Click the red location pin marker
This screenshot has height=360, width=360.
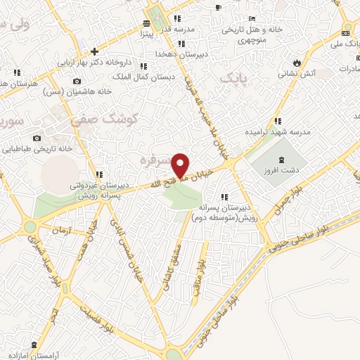pyautogui.click(x=181, y=165)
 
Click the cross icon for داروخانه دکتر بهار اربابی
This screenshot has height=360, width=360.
pyautogui.click(x=94, y=51)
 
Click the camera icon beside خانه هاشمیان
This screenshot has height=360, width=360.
pyautogui.click(x=77, y=81)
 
